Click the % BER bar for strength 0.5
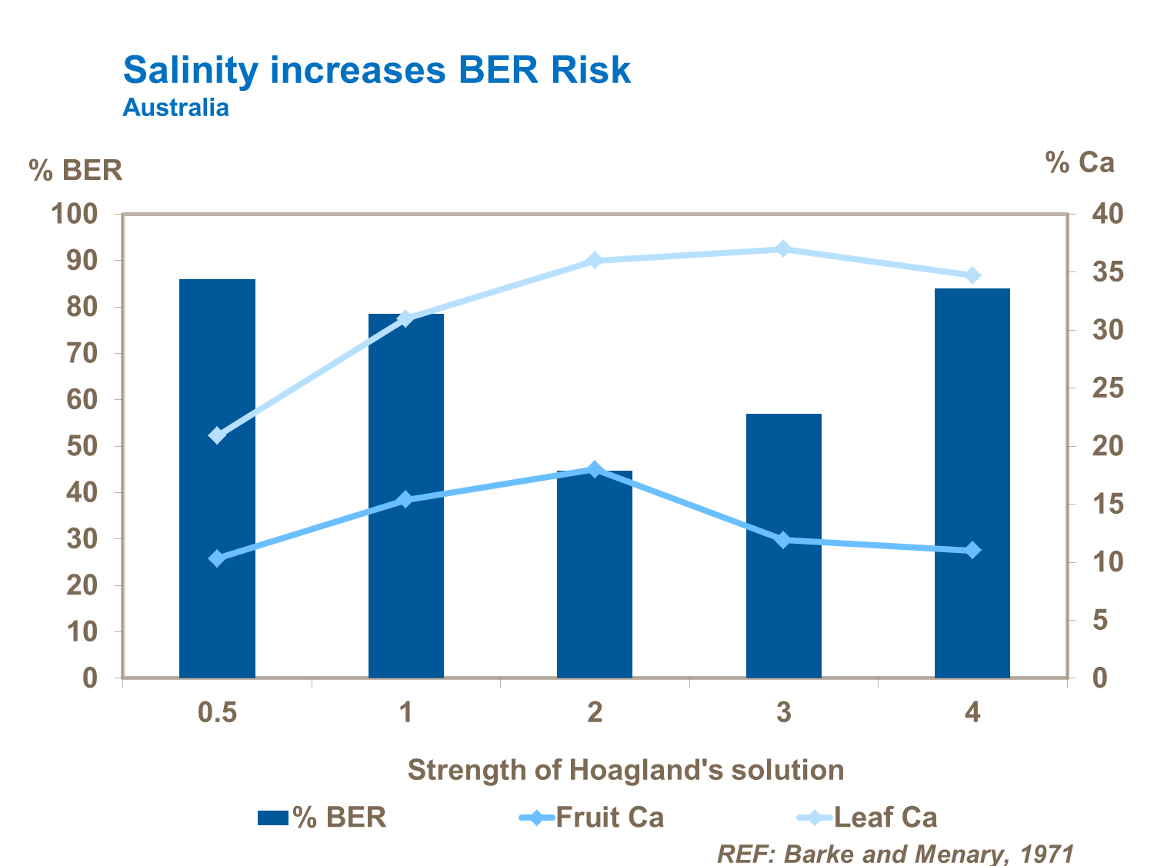[217, 478]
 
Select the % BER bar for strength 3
[783, 545]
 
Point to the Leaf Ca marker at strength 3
[783, 248]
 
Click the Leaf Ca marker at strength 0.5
[217, 435]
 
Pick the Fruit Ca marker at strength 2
[594, 469]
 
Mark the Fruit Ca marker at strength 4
[972, 550]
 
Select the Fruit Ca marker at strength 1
[405, 500]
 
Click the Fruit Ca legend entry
[592, 817]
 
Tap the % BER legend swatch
[272, 818]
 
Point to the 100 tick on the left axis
[75, 214]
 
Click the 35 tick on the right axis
[1107, 272]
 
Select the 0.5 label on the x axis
[217, 713]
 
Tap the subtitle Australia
[175, 107]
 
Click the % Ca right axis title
[1079, 162]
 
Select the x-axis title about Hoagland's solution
[625, 770]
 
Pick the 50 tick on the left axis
[82, 446]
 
